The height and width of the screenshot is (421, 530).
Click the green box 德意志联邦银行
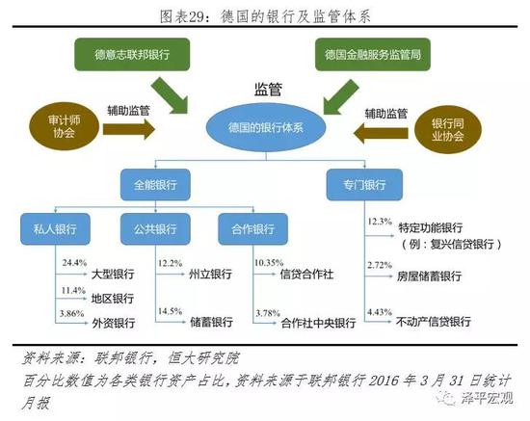[x=132, y=54]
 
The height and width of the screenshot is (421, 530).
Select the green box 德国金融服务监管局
[x=373, y=54]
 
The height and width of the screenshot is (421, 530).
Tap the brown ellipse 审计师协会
[x=64, y=126]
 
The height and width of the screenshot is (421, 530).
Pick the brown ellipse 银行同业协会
[x=447, y=129]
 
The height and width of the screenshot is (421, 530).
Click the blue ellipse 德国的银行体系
[x=266, y=128]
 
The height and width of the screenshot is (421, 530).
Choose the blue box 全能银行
[x=155, y=185]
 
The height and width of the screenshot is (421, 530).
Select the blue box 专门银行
[x=364, y=185]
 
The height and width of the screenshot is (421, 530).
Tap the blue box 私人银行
[x=55, y=229]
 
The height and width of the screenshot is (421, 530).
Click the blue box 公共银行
[x=155, y=229]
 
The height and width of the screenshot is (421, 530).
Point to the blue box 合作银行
[x=252, y=229]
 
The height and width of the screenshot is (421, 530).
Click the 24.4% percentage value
[x=74, y=263]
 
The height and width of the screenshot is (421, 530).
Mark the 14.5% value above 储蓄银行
[x=170, y=311]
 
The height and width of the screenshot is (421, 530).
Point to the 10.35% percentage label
[x=269, y=263]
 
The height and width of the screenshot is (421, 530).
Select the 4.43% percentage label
[x=380, y=312]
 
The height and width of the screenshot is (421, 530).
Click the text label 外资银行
[x=114, y=323]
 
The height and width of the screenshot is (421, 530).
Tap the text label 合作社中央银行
[x=318, y=323]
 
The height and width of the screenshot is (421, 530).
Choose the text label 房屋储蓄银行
[x=429, y=276]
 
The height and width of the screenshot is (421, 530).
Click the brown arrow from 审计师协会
[x=129, y=129]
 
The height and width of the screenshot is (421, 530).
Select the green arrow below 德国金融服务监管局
[x=340, y=97]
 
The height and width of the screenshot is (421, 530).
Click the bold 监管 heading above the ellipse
[x=268, y=90]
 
